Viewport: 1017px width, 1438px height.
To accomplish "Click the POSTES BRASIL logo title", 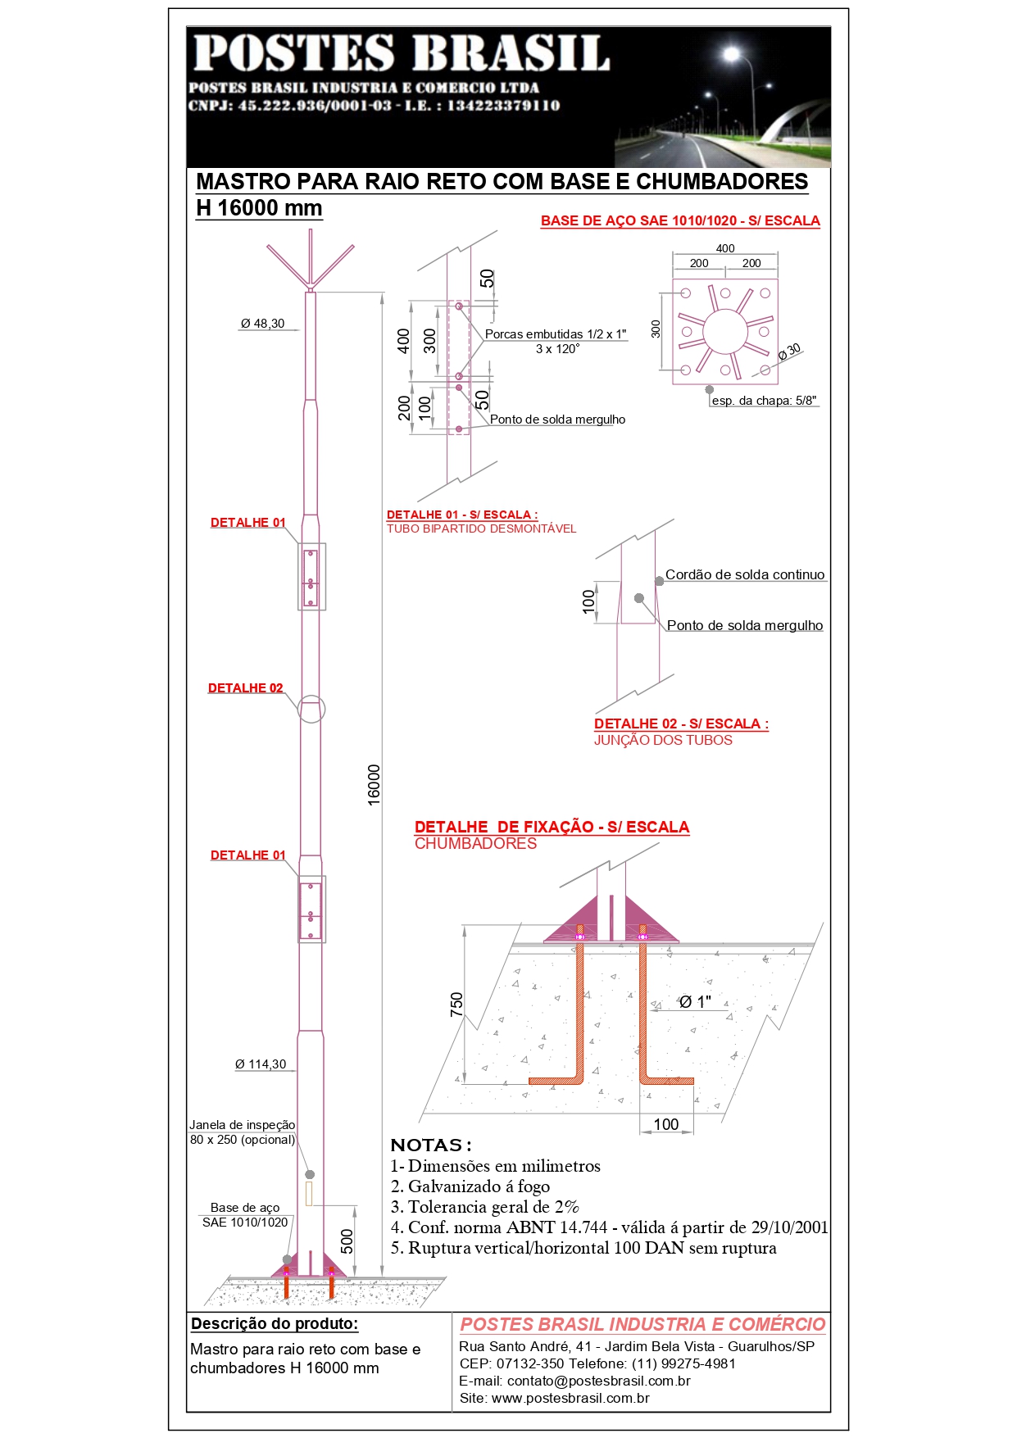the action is pyautogui.click(x=402, y=54).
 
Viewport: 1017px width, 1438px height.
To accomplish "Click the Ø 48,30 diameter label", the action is pyautogui.click(x=262, y=324).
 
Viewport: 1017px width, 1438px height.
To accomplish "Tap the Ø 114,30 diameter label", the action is pyautogui.click(x=261, y=1064).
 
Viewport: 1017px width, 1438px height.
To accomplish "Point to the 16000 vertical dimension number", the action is pyautogui.click(x=374, y=785).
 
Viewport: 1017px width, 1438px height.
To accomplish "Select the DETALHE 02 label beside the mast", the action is pyautogui.click(x=245, y=688).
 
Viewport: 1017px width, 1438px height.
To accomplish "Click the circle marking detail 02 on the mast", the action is pyautogui.click(x=311, y=709).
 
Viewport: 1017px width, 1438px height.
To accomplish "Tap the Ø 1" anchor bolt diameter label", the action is pyautogui.click(x=695, y=1001).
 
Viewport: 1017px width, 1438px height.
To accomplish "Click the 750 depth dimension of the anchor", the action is pyautogui.click(x=456, y=1005).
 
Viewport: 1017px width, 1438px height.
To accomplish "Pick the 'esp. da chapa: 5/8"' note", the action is pyautogui.click(x=764, y=401).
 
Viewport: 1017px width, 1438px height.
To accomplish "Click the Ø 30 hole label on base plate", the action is pyautogui.click(x=789, y=352).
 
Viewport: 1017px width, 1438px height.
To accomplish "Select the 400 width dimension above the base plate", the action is pyautogui.click(x=725, y=248).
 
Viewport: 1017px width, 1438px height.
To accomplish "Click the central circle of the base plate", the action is pyautogui.click(x=725, y=332).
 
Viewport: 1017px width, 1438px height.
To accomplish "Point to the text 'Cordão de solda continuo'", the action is pyautogui.click(x=745, y=574).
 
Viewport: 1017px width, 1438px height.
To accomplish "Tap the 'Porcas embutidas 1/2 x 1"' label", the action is pyautogui.click(x=556, y=334).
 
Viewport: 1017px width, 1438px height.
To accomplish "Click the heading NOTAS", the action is pyautogui.click(x=431, y=1145).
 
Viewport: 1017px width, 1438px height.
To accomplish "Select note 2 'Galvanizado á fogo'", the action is pyautogui.click(x=470, y=1186).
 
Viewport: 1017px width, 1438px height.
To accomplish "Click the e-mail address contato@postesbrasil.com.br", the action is pyautogui.click(x=599, y=1381).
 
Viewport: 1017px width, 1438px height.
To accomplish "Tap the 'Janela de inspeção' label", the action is pyautogui.click(x=243, y=1125).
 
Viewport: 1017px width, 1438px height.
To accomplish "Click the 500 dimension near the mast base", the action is pyautogui.click(x=347, y=1241).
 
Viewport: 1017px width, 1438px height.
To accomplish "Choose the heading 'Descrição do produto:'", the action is pyautogui.click(x=275, y=1323).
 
